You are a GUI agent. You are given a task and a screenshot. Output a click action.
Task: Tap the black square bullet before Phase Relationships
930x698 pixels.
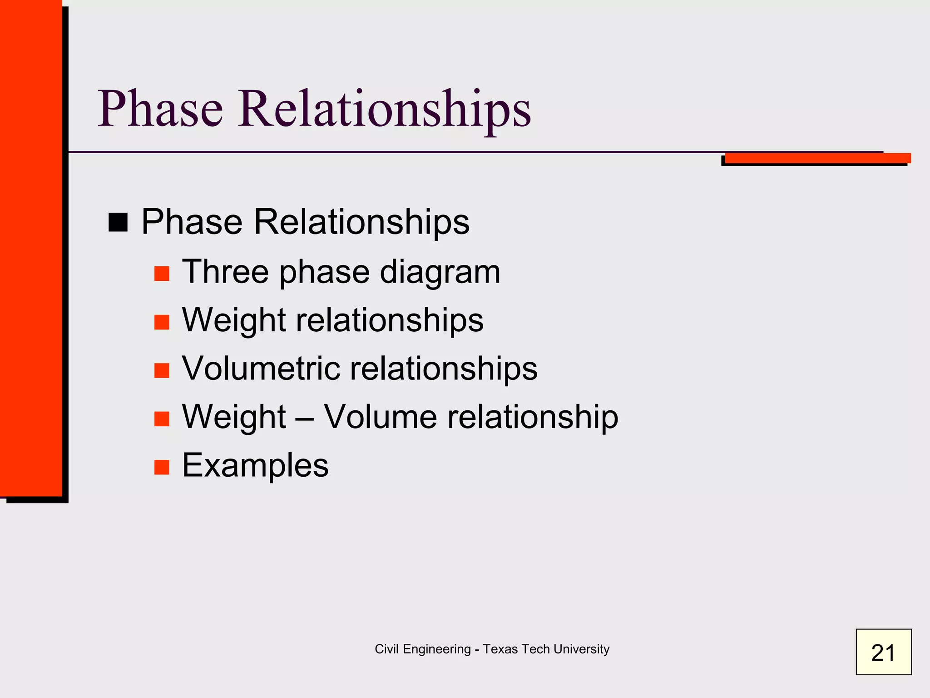tap(118, 222)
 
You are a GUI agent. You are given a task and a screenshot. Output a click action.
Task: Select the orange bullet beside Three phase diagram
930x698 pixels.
tap(162, 274)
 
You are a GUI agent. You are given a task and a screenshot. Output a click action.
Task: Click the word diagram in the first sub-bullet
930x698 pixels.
tap(440, 273)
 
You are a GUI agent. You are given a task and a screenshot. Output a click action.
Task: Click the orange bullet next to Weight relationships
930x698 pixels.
tap(162, 322)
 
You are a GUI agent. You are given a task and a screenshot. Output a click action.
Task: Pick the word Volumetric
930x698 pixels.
tap(261, 368)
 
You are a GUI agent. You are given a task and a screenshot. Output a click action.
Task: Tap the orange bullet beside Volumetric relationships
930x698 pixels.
tap(162, 370)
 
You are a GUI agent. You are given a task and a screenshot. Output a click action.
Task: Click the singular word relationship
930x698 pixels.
tap(533, 417)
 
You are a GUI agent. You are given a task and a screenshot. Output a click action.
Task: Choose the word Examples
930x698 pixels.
tap(255, 465)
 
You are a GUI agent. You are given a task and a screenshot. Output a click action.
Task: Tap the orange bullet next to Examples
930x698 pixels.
tap(162, 467)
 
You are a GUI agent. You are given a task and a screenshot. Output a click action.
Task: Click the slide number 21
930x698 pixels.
tap(883, 652)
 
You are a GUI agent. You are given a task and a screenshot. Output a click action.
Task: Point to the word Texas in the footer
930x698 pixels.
tap(500, 649)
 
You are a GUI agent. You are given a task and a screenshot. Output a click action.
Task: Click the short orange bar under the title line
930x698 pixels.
tap(817, 158)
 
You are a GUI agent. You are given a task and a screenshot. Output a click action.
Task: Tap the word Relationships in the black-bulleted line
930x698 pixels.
tap(361, 222)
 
